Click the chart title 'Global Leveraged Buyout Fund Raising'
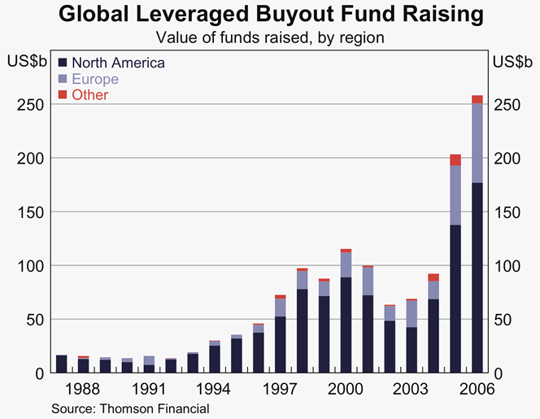[270, 15]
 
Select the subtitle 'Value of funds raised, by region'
[270, 37]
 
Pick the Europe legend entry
[94, 79]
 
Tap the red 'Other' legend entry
[89, 95]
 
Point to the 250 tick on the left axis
[30, 104]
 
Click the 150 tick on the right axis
[508, 212]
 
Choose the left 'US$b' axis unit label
[25, 61]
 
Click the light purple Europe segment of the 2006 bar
[477, 143]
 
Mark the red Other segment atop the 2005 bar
[455, 159]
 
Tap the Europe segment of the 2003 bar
[412, 313]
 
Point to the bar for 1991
[149, 364]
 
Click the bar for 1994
[215, 358]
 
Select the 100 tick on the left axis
[30, 265]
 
